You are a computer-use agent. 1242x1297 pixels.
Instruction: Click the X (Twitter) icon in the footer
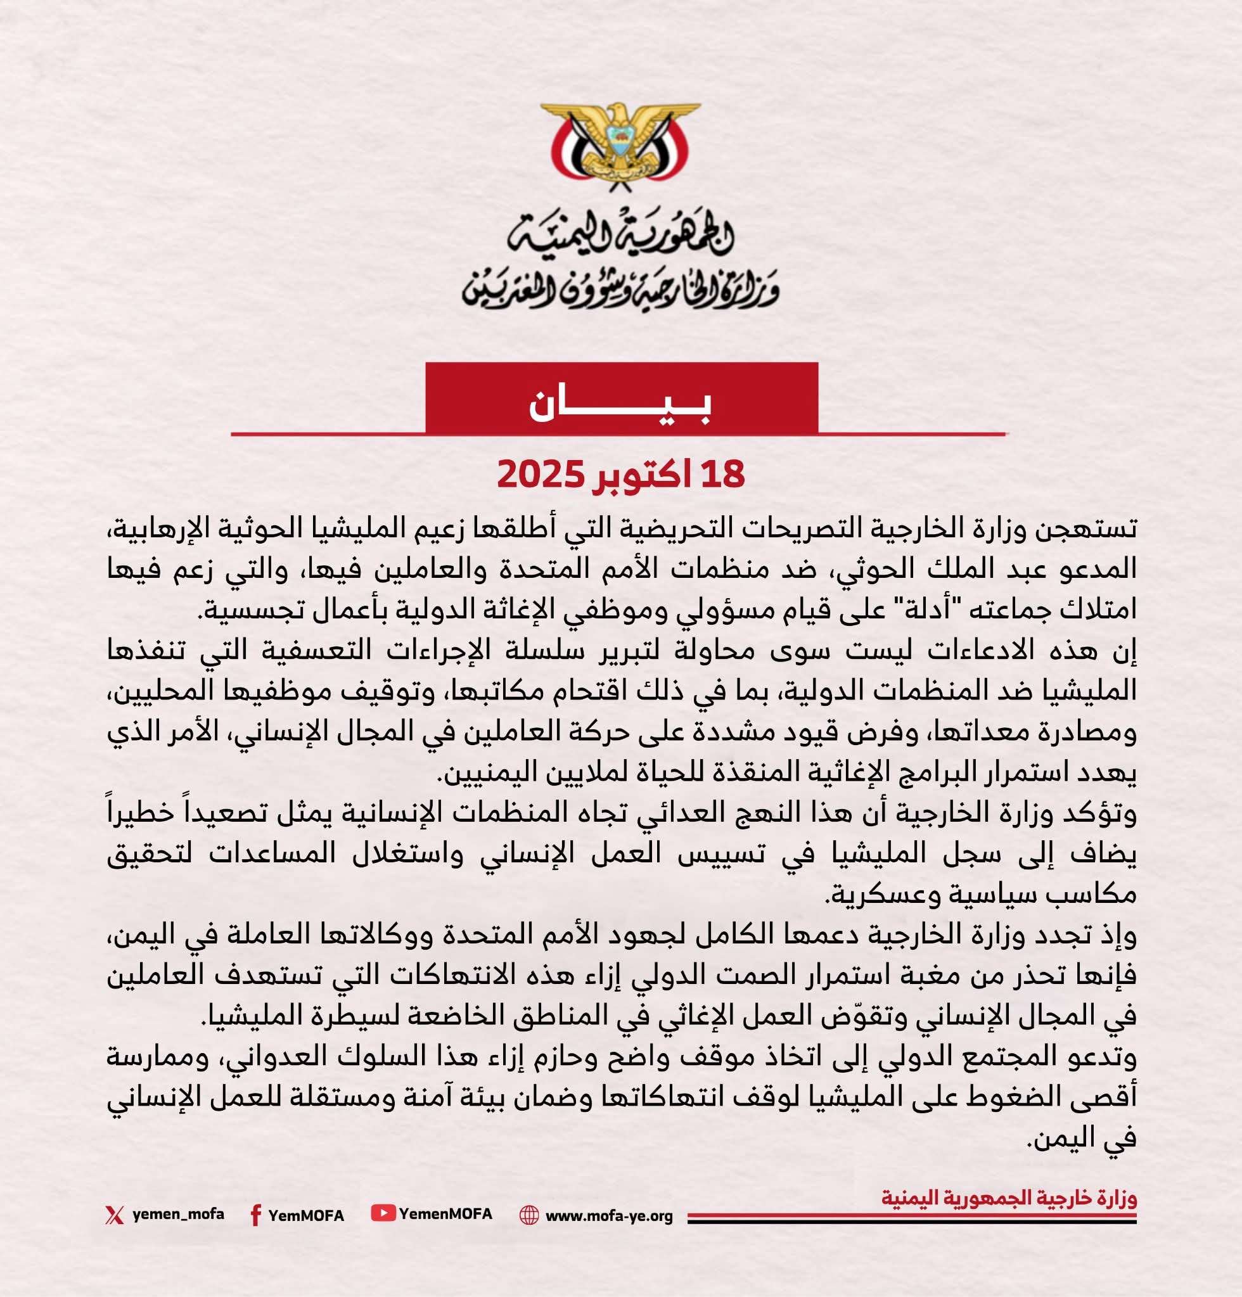click(114, 1215)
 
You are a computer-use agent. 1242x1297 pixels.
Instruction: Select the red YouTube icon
click(383, 1213)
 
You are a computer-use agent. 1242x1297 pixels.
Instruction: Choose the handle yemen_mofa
click(178, 1214)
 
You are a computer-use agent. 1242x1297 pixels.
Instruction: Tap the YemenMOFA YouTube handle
click(446, 1213)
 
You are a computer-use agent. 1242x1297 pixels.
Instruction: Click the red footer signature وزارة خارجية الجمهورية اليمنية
click(1009, 1198)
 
